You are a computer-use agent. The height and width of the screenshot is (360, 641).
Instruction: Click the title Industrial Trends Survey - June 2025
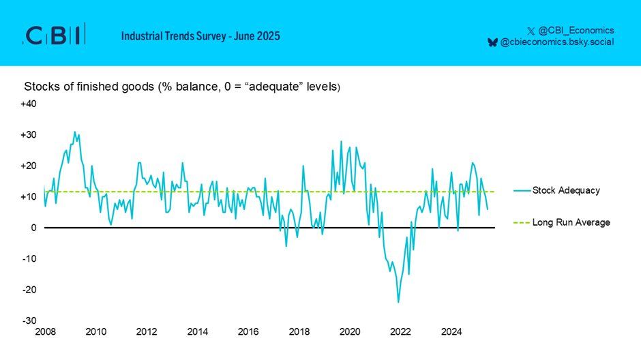pos(200,35)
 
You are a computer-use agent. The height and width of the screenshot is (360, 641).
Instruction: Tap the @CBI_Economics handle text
pos(576,30)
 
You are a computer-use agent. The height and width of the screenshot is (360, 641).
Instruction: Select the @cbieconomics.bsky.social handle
pos(557,42)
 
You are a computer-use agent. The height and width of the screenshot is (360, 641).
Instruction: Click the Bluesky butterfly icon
pos(492,42)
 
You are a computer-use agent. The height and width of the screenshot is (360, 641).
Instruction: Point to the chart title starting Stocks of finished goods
pos(181,87)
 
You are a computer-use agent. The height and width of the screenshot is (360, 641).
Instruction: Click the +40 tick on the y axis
pos(28,104)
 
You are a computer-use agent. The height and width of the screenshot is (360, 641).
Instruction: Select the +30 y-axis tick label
pos(28,135)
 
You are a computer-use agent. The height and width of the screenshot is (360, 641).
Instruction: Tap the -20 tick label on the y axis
pos(29,290)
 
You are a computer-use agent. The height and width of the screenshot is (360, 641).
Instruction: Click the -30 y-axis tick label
pos(29,320)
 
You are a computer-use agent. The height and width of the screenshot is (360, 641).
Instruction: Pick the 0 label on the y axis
pos(33,228)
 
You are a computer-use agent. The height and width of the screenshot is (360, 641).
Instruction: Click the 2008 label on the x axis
pos(44,332)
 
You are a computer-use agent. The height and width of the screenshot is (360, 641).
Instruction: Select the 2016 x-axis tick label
pos(248,332)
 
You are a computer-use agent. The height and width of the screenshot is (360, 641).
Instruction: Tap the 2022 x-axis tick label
pos(400,332)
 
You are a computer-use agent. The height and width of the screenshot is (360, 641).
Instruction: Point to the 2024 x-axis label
pos(451,332)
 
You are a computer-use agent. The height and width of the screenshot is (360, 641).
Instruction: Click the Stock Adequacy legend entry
pos(566,190)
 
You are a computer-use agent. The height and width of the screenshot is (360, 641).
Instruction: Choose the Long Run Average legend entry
pos(571,222)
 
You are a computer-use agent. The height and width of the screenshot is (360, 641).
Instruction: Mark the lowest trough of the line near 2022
pos(398,302)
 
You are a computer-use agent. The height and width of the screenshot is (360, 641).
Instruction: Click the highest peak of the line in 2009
pos(75,132)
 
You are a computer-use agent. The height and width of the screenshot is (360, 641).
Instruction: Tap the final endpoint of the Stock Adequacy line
pos(488,209)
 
